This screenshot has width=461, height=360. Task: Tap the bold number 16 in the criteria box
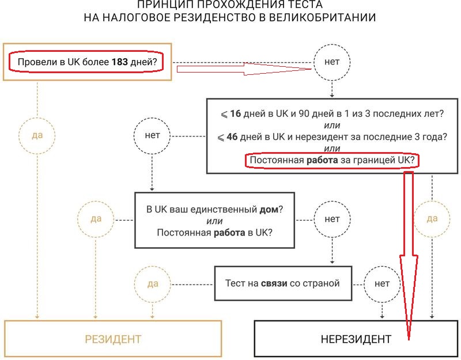[x=235, y=113]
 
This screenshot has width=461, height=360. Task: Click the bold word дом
[x=269, y=209]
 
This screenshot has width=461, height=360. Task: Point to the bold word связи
[x=274, y=283]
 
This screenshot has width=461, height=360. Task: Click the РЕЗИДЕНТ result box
[x=114, y=339]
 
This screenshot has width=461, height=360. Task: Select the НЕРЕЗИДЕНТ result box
[x=356, y=339]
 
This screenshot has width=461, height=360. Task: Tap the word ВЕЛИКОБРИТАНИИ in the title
[x=321, y=18]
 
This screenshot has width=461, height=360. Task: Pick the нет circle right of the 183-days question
[x=332, y=62]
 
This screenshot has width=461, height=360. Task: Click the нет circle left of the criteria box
[x=152, y=137]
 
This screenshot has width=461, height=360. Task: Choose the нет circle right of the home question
[x=332, y=219]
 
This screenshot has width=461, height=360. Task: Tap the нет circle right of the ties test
[x=382, y=283]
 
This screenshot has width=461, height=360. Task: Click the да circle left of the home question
[x=96, y=219]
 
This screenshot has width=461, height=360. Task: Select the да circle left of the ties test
[x=152, y=283]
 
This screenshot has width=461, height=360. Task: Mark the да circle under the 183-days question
[x=37, y=137]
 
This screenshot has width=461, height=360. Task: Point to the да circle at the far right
[x=432, y=219]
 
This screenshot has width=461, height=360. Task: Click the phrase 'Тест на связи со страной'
[x=282, y=283]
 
